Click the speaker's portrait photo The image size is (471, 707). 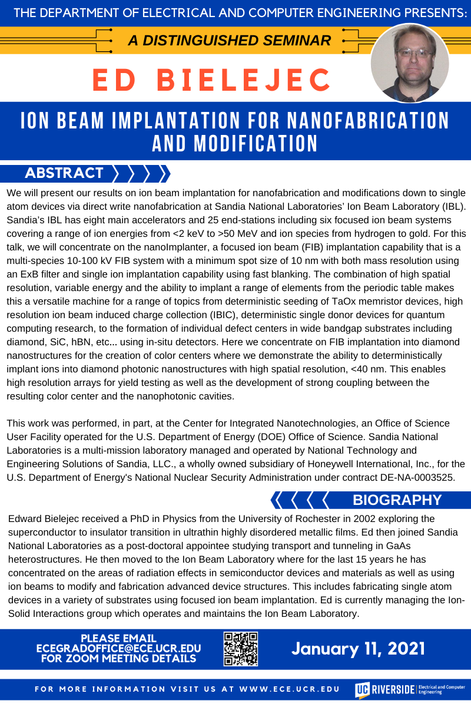410,64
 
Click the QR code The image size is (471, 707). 241,649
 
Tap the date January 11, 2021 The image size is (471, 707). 358,649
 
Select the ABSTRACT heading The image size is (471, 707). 64,173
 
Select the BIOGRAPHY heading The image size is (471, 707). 397,500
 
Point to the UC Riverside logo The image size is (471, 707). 409,689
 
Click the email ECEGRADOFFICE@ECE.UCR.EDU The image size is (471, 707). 118,648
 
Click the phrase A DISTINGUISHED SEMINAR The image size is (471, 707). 230,41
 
